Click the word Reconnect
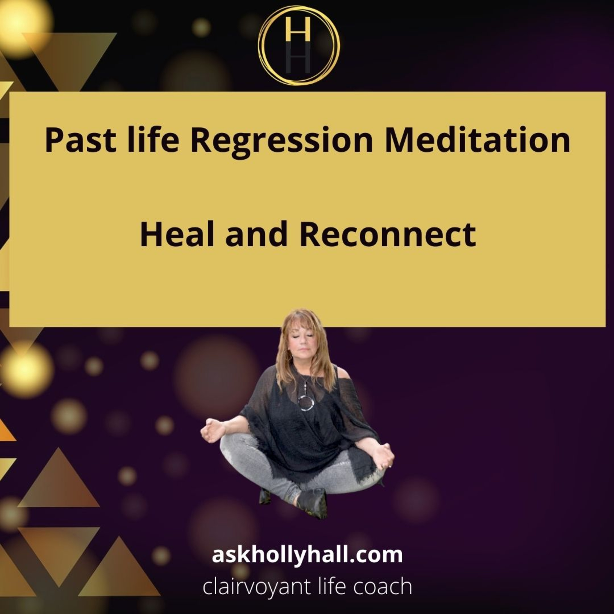[x=388, y=234]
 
